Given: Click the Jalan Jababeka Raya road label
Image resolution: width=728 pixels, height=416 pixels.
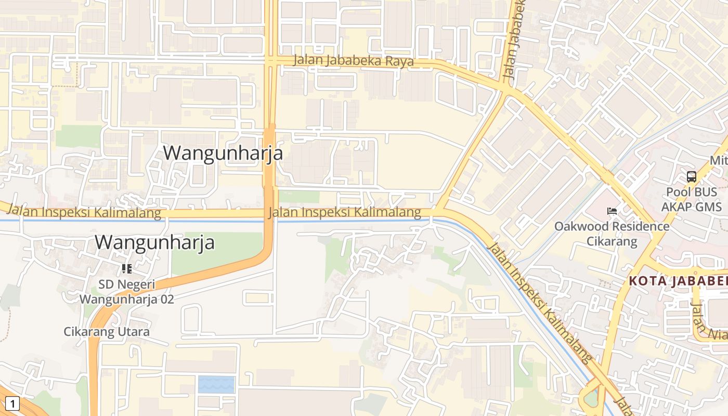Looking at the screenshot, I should point(354,61).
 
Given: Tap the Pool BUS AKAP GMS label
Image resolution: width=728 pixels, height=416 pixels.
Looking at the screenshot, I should point(691,199).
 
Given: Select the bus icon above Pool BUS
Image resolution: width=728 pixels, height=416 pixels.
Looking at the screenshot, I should point(691,177).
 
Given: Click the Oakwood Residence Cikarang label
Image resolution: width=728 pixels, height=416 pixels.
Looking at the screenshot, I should point(612,233).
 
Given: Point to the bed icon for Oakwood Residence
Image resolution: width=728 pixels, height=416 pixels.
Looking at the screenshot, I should point(612,211).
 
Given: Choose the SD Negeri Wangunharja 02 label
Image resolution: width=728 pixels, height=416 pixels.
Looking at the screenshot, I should point(126,292).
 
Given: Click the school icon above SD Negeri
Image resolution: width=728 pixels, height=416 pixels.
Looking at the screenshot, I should point(126,269).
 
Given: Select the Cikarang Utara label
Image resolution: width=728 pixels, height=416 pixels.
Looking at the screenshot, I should point(107,332).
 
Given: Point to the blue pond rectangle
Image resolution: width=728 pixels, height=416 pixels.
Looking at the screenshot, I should point(216,384).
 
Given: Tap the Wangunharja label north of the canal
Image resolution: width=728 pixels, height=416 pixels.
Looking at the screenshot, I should point(223,153).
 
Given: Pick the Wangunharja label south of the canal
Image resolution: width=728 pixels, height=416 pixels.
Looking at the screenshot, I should point(154,242).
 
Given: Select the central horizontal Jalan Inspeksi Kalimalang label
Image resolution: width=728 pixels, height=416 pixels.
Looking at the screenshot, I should point(344,212).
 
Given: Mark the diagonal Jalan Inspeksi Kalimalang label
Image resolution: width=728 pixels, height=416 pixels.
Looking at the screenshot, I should point(540,302).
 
